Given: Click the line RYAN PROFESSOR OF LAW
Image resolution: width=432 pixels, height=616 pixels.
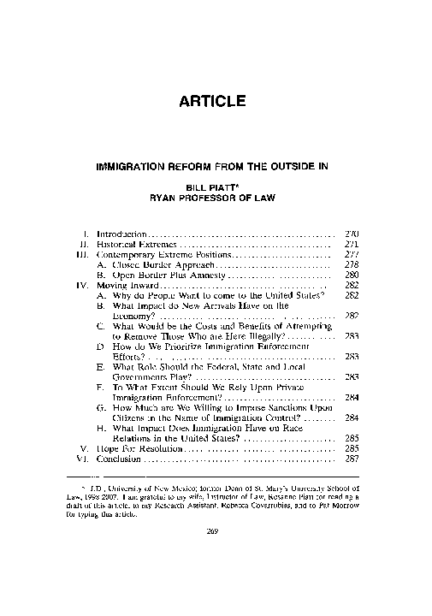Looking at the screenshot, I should pos(216,197).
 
